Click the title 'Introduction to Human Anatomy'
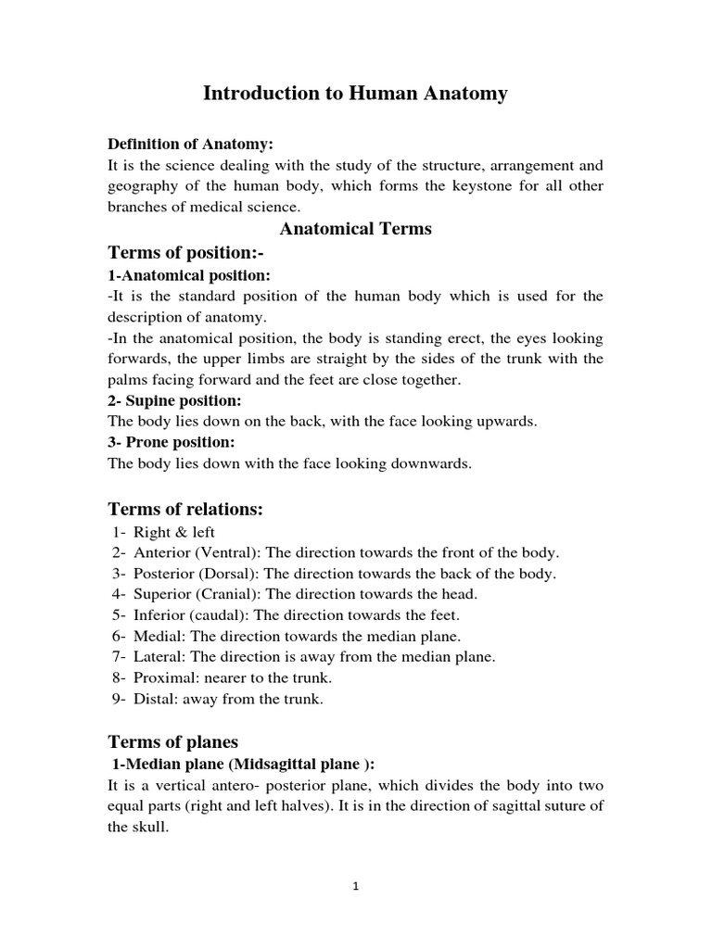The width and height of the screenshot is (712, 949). pyautogui.click(x=355, y=94)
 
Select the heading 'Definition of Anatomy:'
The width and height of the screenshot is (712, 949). pyautogui.click(x=192, y=145)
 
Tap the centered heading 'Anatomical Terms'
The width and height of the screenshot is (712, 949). pyautogui.click(x=356, y=228)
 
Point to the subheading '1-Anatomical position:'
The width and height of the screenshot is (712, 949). pyautogui.click(x=189, y=275)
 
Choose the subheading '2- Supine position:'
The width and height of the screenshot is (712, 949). pyautogui.click(x=175, y=400)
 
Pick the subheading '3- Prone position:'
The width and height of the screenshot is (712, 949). pyautogui.click(x=172, y=442)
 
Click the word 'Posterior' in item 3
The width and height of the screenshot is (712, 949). pyautogui.click(x=162, y=574)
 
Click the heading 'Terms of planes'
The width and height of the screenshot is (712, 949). pyautogui.click(x=173, y=741)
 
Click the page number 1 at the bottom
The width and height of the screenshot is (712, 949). pyautogui.click(x=356, y=886)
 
